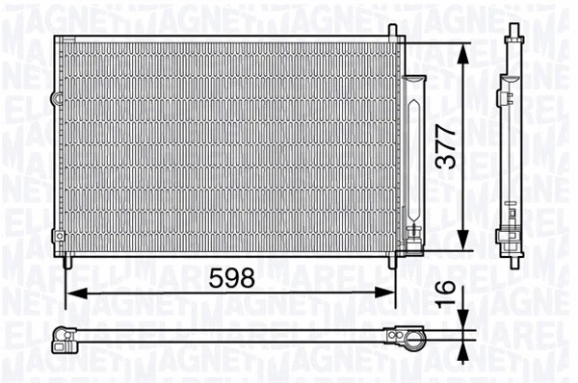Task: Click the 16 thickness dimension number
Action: point(444,291)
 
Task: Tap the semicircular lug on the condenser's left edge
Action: point(56,99)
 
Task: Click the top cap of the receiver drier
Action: point(414,80)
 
